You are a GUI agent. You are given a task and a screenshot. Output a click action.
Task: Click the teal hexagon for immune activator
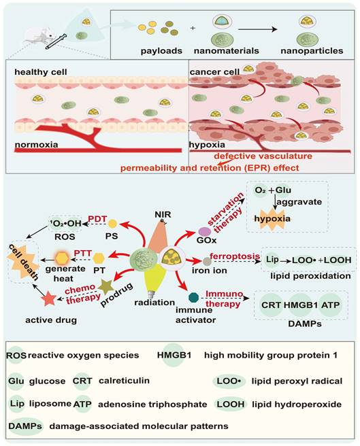[x=194, y=296]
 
